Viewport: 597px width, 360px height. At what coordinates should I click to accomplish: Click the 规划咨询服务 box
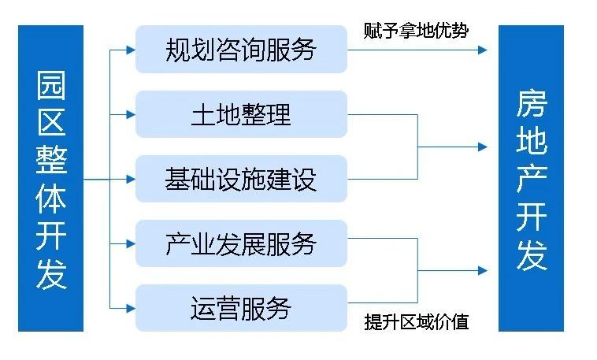pos(241,50)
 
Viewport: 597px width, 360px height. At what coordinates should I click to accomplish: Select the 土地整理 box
pos(241,114)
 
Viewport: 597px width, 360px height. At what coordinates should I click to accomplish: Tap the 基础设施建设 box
pos(241,179)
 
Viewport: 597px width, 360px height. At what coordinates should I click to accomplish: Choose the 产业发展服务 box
pos(241,243)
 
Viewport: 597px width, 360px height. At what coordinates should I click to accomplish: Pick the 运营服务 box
pos(241,307)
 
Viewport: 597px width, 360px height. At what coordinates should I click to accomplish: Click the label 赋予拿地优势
pos(416,31)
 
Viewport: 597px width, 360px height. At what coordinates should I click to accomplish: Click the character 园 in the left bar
pos(51,85)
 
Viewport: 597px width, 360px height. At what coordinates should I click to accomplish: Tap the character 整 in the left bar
pos(51,161)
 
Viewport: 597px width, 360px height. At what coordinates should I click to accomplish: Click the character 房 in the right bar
pos(532,104)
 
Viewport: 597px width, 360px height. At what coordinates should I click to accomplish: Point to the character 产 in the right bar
pos(532,180)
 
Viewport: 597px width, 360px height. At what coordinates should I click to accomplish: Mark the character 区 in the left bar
pos(51,123)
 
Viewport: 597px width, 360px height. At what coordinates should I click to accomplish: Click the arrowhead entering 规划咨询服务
pos(131,50)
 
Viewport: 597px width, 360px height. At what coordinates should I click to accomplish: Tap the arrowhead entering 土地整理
pos(131,114)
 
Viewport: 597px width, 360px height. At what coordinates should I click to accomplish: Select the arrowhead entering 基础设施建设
pos(131,179)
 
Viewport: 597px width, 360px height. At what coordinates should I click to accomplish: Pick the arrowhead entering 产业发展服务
pos(131,243)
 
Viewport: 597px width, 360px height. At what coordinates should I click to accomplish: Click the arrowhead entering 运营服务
pos(131,307)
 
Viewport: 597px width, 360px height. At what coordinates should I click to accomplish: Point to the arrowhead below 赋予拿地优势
pos(482,50)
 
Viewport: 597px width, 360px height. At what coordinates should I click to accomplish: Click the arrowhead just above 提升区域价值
pos(482,271)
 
